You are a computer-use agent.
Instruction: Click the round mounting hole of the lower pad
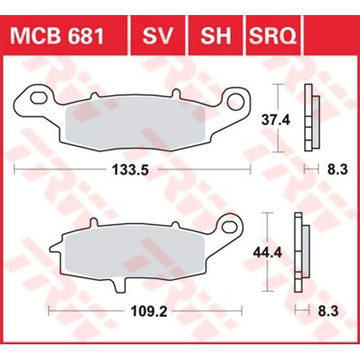pos(229,227)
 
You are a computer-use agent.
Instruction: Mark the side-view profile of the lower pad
pos(300,251)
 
